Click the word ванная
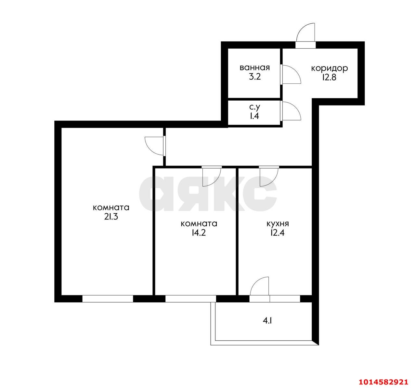(x=254, y=68)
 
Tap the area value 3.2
(x=254, y=78)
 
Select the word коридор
(x=330, y=69)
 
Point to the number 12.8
(x=330, y=78)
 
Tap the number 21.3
(x=111, y=217)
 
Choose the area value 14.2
(x=199, y=233)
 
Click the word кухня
(x=278, y=224)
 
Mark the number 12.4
(x=278, y=233)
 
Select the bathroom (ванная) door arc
(x=291, y=75)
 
